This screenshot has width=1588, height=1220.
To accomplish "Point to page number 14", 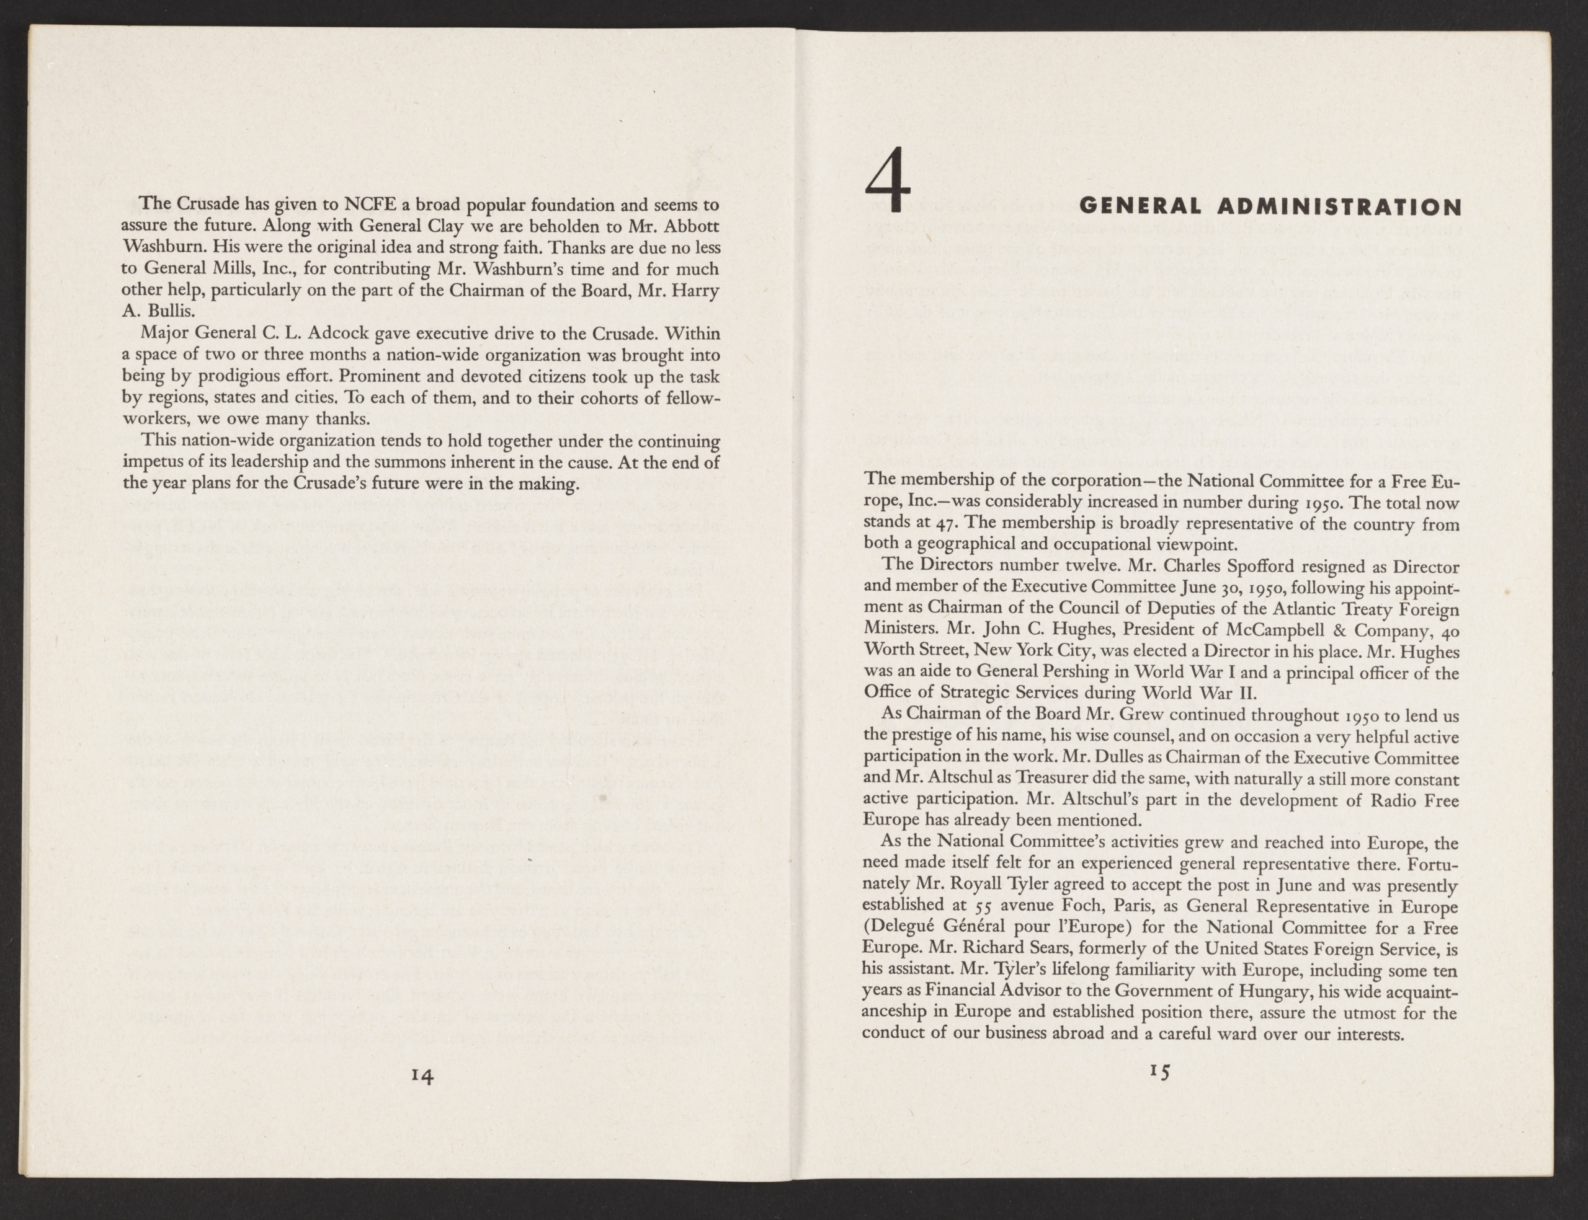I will [421, 1076].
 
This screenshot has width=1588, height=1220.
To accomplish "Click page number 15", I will [1160, 1071].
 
